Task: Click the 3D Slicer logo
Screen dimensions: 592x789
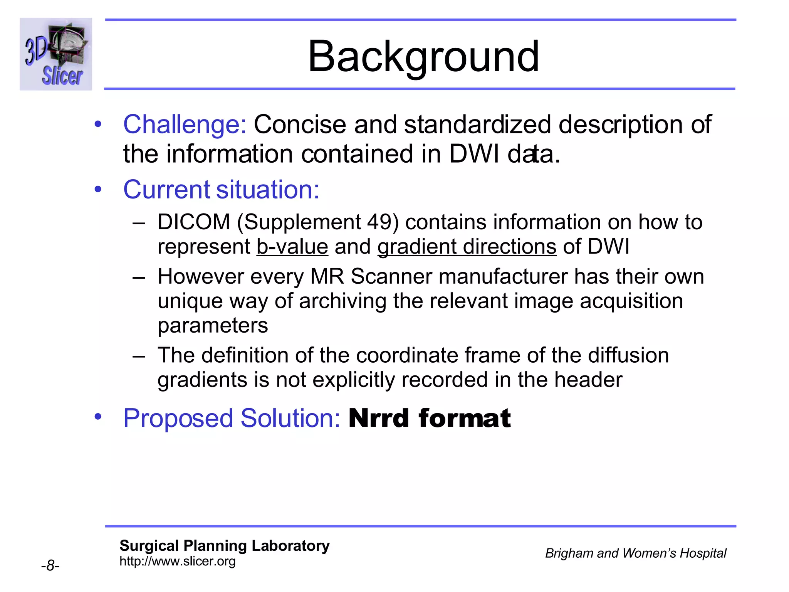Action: (56, 54)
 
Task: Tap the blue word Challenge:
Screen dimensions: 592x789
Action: (185, 124)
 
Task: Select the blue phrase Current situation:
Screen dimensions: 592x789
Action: (221, 190)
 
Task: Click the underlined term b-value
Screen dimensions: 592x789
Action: (292, 247)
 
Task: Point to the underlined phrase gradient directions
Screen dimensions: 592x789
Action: (467, 247)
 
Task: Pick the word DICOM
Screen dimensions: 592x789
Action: (194, 222)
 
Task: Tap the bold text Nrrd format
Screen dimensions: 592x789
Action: (429, 418)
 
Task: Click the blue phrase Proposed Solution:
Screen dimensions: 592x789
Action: (232, 418)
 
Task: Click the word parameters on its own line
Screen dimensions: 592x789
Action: (213, 326)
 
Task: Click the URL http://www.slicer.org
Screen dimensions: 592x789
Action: (177, 562)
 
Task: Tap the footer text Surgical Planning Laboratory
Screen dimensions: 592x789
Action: (224, 546)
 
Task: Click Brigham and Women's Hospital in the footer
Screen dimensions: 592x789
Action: (635, 553)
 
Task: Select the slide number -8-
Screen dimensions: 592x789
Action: (50, 566)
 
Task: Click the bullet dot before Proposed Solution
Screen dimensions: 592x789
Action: (98, 416)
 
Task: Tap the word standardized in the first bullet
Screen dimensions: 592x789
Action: (477, 124)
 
